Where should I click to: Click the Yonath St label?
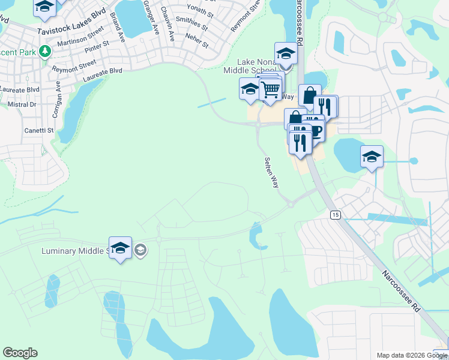(x=200, y=11)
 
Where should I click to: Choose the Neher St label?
(x=197, y=44)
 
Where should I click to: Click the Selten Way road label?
(x=271, y=173)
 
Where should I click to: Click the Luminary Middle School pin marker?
(x=121, y=248)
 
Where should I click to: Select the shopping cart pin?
(x=271, y=90)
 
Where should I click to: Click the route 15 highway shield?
(x=334, y=214)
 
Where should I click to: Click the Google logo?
(x=20, y=353)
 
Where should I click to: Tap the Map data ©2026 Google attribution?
(x=411, y=355)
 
